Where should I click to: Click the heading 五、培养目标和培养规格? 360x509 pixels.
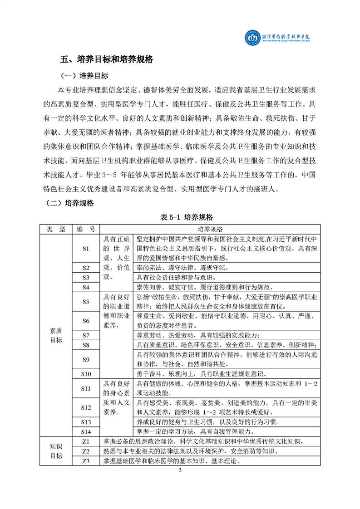tap(107, 59)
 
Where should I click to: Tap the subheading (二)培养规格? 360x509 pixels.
tap(70, 203)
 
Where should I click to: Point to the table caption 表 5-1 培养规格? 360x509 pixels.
tap(180, 218)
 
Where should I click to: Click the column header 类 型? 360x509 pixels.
tap(56, 230)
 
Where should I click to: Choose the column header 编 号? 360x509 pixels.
tap(86, 230)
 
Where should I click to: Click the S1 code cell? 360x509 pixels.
tap(86, 249)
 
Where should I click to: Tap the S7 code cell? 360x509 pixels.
tap(86, 335)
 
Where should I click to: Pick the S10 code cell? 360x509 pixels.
tap(86, 374)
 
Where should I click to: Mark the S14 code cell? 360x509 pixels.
tap(86, 431)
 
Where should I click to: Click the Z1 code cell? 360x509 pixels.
tap(86, 441)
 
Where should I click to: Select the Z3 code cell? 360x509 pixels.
tap(86, 461)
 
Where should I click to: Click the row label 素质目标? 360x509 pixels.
tap(56, 335)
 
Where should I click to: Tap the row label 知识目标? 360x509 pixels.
tap(56, 451)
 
